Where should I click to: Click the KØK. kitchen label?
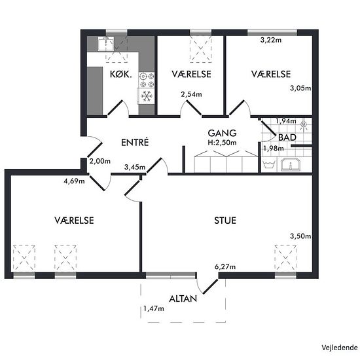121,74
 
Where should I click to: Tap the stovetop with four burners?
147,80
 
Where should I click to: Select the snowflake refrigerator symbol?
147,96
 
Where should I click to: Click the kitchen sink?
105,44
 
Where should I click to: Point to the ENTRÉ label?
135,142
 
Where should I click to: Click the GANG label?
222,133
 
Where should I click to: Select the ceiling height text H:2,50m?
222,143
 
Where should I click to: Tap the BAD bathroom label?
287,137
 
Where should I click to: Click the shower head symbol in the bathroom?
304,124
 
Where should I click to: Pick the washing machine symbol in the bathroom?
270,164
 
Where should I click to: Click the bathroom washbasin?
290,164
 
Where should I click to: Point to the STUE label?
225,221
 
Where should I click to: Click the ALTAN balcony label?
183,298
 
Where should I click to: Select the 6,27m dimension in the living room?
225,267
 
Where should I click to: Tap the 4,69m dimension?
74,181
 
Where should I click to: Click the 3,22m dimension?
271,40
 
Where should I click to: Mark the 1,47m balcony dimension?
154,308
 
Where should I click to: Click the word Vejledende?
340,348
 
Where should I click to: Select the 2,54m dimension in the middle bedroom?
191,94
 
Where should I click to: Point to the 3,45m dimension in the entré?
135,167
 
